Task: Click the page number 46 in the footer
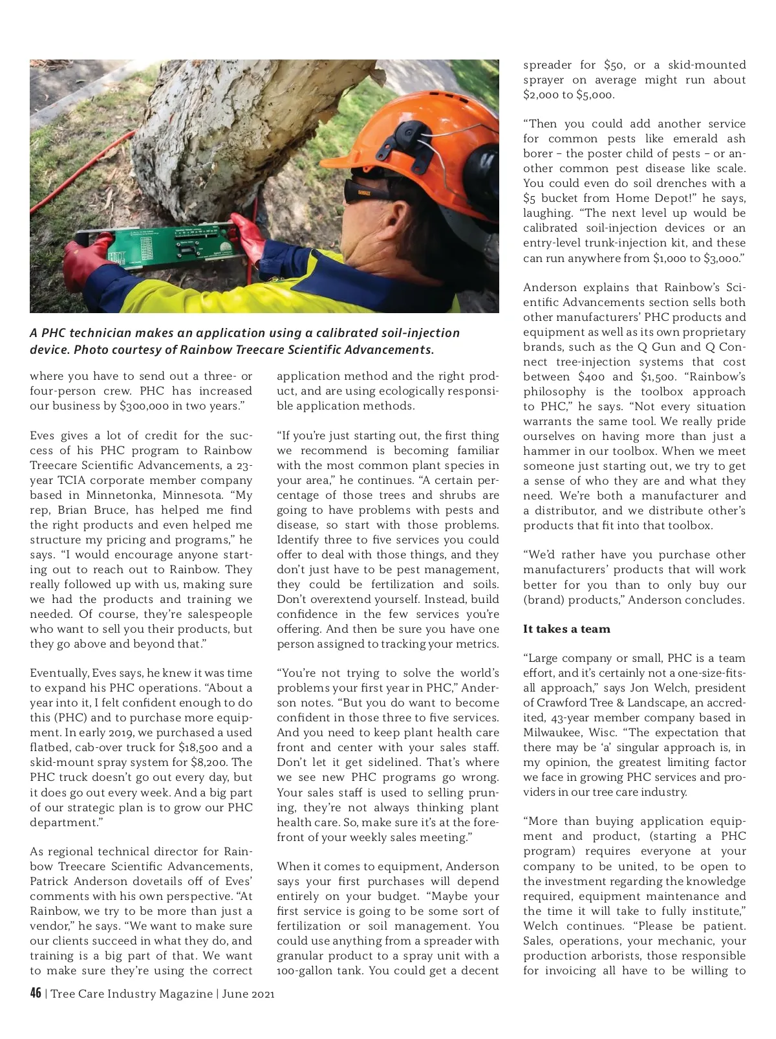click(x=36, y=993)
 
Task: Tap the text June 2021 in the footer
click(x=248, y=994)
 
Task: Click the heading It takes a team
click(x=566, y=629)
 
